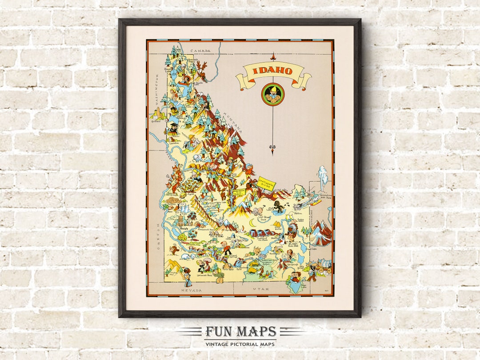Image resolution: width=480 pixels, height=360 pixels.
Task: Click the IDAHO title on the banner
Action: pos(273,71)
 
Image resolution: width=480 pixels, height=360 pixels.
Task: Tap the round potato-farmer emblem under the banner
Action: pos(272,94)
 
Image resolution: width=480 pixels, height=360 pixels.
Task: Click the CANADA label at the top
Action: pos(200,51)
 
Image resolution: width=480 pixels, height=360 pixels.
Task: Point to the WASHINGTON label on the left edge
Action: pos(157,89)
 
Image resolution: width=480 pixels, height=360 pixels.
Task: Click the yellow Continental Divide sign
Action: pos(267,183)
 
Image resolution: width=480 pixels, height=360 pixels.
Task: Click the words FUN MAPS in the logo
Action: pos(240,332)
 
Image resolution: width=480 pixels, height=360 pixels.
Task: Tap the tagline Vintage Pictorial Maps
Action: pos(240,344)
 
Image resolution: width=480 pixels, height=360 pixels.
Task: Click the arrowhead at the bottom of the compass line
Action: pos(273,151)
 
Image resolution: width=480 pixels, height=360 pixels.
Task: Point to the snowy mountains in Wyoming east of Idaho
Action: pos(321,234)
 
